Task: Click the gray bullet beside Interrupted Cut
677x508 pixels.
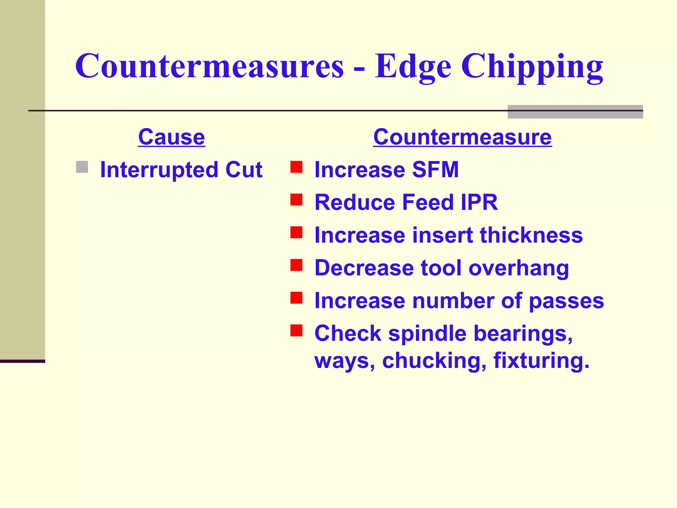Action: tap(82, 167)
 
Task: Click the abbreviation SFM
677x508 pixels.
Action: tap(435, 170)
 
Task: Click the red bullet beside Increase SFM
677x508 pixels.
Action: tap(296, 167)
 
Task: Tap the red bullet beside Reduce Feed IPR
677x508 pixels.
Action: tap(296, 200)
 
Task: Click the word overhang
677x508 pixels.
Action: tap(519, 268)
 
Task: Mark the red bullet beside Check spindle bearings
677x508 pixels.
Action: tap(296, 330)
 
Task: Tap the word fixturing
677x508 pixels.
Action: tap(541, 360)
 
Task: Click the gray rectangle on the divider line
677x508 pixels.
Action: tap(575, 112)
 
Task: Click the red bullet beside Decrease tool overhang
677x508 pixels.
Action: tap(296, 265)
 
